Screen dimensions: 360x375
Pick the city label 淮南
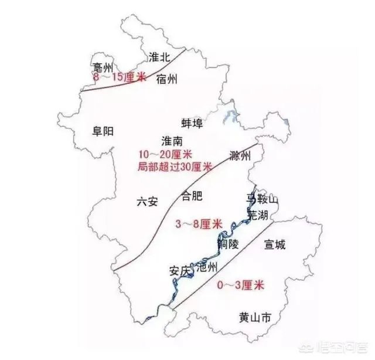(173, 141)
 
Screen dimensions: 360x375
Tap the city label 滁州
(240, 157)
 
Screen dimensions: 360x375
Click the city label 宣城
(274, 244)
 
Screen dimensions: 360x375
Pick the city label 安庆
(180, 271)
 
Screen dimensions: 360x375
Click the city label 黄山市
(255, 318)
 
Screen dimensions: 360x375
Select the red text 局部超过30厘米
(173, 167)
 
